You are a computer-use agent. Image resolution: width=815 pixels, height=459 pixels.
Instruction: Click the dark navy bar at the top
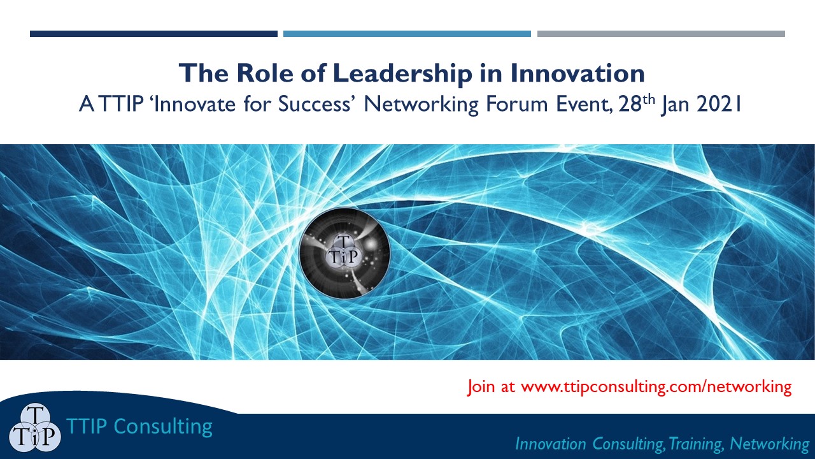(153, 34)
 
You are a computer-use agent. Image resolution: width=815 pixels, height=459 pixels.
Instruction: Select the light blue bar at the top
(407, 34)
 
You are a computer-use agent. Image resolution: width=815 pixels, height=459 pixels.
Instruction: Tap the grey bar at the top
(661, 34)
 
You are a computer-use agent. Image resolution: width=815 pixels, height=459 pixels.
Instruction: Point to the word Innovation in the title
(578, 73)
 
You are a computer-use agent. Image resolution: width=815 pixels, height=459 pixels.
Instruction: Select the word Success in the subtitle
(314, 104)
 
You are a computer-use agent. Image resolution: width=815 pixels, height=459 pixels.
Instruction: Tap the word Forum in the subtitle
(517, 104)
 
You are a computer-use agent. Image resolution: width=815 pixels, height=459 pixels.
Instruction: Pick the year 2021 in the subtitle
(719, 104)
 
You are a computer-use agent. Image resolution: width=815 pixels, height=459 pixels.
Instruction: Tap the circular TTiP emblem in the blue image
(344, 253)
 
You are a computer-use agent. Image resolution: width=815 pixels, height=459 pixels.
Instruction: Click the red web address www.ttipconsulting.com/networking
(656, 387)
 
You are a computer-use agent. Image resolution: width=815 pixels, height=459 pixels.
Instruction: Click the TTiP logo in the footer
(35, 428)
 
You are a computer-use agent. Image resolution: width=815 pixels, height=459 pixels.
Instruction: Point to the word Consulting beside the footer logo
(163, 427)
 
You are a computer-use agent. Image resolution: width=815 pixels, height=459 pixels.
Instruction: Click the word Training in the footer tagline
(695, 444)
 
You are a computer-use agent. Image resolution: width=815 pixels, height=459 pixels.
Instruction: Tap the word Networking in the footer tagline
(769, 444)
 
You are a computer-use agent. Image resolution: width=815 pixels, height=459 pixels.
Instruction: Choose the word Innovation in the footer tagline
(551, 444)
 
